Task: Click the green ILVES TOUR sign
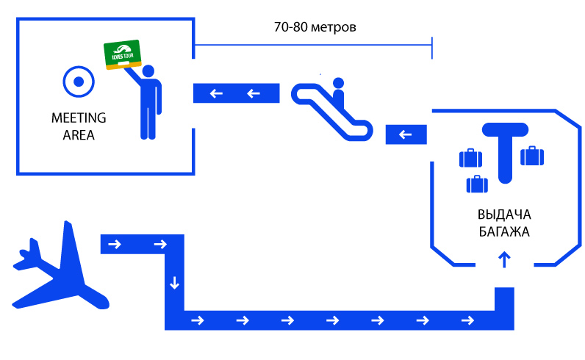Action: (123, 54)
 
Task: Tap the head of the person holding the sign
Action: (148, 71)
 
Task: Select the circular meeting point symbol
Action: (79, 82)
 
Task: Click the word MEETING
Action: (79, 118)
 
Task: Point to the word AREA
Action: (79, 135)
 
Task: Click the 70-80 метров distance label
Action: (315, 27)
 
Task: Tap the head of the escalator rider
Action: (338, 83)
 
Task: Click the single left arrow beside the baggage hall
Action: (405, 134)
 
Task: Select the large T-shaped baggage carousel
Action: (505, 149)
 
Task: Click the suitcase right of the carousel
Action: (532, 156)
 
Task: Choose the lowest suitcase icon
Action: (477, 184)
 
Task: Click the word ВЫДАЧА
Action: (504, 215)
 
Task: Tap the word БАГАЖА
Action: (504, 232)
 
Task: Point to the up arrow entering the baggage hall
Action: (504, 259)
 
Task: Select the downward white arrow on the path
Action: (174, 283)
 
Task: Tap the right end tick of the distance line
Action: (432, 48)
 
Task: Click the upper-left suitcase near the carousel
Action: (470, 158)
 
